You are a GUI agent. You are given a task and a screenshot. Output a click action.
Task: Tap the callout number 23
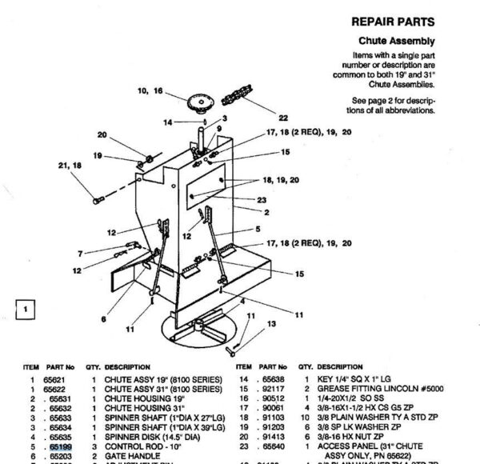coord(261,200)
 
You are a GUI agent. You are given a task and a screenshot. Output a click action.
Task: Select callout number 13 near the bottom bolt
coord(270,323)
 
